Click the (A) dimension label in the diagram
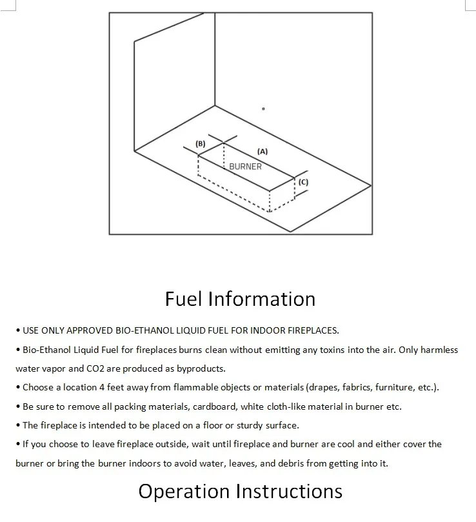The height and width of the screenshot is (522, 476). [x=262, y=151]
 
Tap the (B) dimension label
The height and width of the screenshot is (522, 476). [x=201, y=143]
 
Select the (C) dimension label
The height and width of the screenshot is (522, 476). [x=303, y=182]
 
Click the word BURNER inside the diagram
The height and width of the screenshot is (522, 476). [x=246, y=166]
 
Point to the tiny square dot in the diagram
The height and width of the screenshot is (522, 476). [x=263, y=109]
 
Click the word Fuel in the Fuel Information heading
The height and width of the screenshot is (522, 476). [x=183, y=299]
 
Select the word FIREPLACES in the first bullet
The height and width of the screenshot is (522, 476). [x=313, y=331]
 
